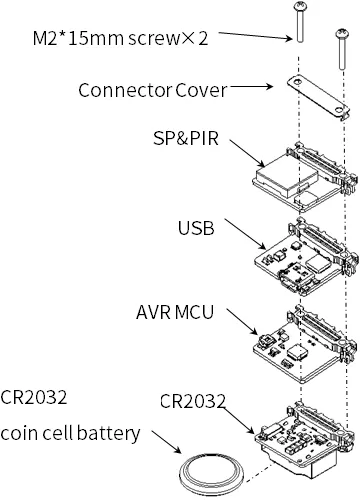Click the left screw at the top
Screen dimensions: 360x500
pos(299,22)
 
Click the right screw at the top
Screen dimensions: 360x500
pos(341,49)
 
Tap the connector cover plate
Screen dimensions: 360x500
pos(318,97)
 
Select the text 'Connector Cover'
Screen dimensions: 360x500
pos(153,90)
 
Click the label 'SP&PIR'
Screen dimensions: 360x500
pos(186,138)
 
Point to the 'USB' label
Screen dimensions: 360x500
pos(196,228)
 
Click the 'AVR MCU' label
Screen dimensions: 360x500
pos(175,312)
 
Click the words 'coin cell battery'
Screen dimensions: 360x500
pos(70,433)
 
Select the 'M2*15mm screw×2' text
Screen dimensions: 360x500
pos(120,38)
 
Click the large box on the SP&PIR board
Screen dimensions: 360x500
pos(285,176)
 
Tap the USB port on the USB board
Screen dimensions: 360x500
pos(296,279)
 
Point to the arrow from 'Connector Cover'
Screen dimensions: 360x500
pos(252,87)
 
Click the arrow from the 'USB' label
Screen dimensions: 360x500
pos(245,234)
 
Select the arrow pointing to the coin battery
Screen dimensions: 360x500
pos(166,442)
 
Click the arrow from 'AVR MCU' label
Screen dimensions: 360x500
pos(242,321)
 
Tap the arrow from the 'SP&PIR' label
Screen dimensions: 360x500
pos(247,153)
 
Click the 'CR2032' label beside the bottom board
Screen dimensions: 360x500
pos(193,401)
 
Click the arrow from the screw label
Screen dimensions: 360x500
pos(256,36)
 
